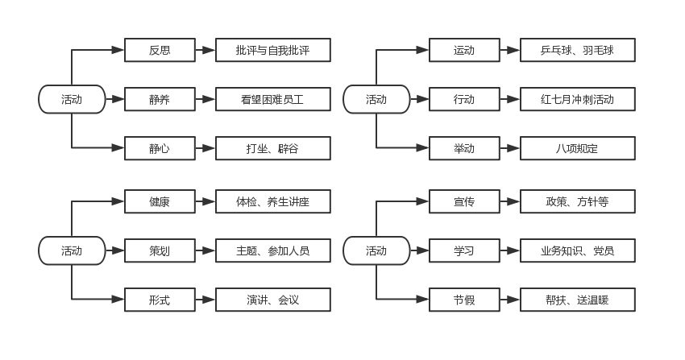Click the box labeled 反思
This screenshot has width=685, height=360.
pyautogui.click(x=160, y=50)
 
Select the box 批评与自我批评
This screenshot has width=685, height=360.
pyautogui.click(x=273, y=50)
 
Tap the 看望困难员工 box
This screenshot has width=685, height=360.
pyautogui.click(x=273, y=100)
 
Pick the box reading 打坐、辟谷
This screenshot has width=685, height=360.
pyautogui.click(x=273, y=148)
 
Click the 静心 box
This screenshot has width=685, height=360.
pyautogui.click(x=160, y=148)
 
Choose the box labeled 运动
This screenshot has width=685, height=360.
pyautogui.click(x=464, y=50)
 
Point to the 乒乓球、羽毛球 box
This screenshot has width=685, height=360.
pyautogui.click(x=578, y=50)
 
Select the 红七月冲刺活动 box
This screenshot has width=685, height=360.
pyautogui.click(x=578, y=100)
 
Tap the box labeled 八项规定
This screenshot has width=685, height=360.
pyautogui.click(x=578, y=148)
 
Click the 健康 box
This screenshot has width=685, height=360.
pyautogui.click(x=160, y=201)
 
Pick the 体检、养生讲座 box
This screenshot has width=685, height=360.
pyautogui.click(x=273, y=201)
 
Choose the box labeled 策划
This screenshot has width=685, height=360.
pyautogui.click(x=160, y=251)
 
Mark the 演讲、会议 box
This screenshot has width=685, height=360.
pyautogui.click(x=273, y=300)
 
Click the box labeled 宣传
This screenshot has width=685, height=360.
pyautogui.click(x=464, y=201)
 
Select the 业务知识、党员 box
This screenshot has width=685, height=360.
pyautogui.click(x=578, y=251)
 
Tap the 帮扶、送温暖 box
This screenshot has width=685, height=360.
pyautogui.click(x=578, y=300)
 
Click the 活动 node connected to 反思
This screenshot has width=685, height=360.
pyautogui.click(x=72, y=100)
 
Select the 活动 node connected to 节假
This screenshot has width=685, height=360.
pyautogui.click(x=376, y=251)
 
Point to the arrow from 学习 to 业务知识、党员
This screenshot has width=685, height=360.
pyautogui.click(x=510, y=251)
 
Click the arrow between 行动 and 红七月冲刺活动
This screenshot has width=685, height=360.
pyautogui.click(x=510, y=100)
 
